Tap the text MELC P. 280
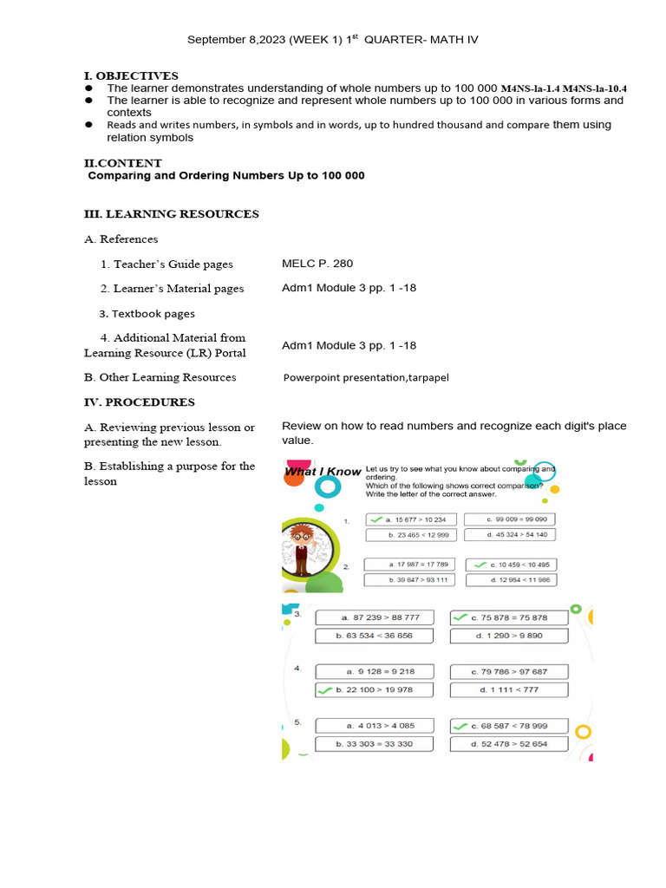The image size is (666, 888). (317, 264)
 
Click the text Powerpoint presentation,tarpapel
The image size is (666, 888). (366, 378)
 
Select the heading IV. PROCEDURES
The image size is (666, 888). (139, 402)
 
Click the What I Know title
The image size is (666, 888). (323, 472)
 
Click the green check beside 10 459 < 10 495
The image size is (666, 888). (479, 565)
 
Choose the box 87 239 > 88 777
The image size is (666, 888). (380, 617)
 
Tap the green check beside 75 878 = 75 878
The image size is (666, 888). (460, 617)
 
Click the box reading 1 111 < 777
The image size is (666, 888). (508, 689)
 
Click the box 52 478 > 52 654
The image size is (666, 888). (508, 744)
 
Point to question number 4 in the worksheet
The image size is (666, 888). (297, 669)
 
